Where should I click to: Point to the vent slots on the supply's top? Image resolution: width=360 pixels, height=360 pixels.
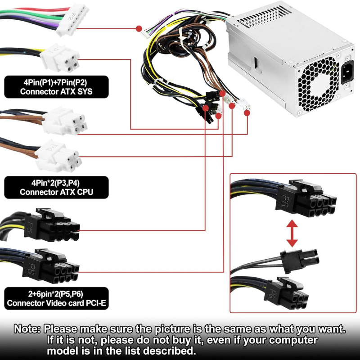tap(266, 18)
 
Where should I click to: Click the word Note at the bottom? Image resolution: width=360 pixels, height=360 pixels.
tap(27, 329)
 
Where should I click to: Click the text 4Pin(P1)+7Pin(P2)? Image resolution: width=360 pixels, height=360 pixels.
tap(57, 83)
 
